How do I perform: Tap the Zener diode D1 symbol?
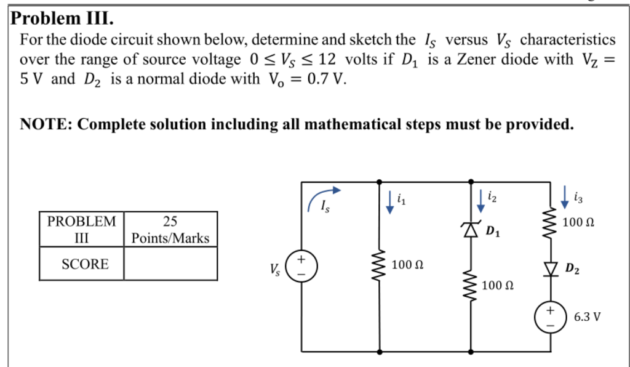click(x=471, y=229)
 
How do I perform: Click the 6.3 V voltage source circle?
click(x=549, y=315)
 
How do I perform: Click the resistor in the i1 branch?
click(x=379, y=265)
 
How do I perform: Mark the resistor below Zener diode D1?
click(x=471, y=284)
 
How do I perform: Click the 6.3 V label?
click(x=587, y=317)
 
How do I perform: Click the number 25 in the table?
click(x=170, y=220)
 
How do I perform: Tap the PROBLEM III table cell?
click(x=82, y=229)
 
